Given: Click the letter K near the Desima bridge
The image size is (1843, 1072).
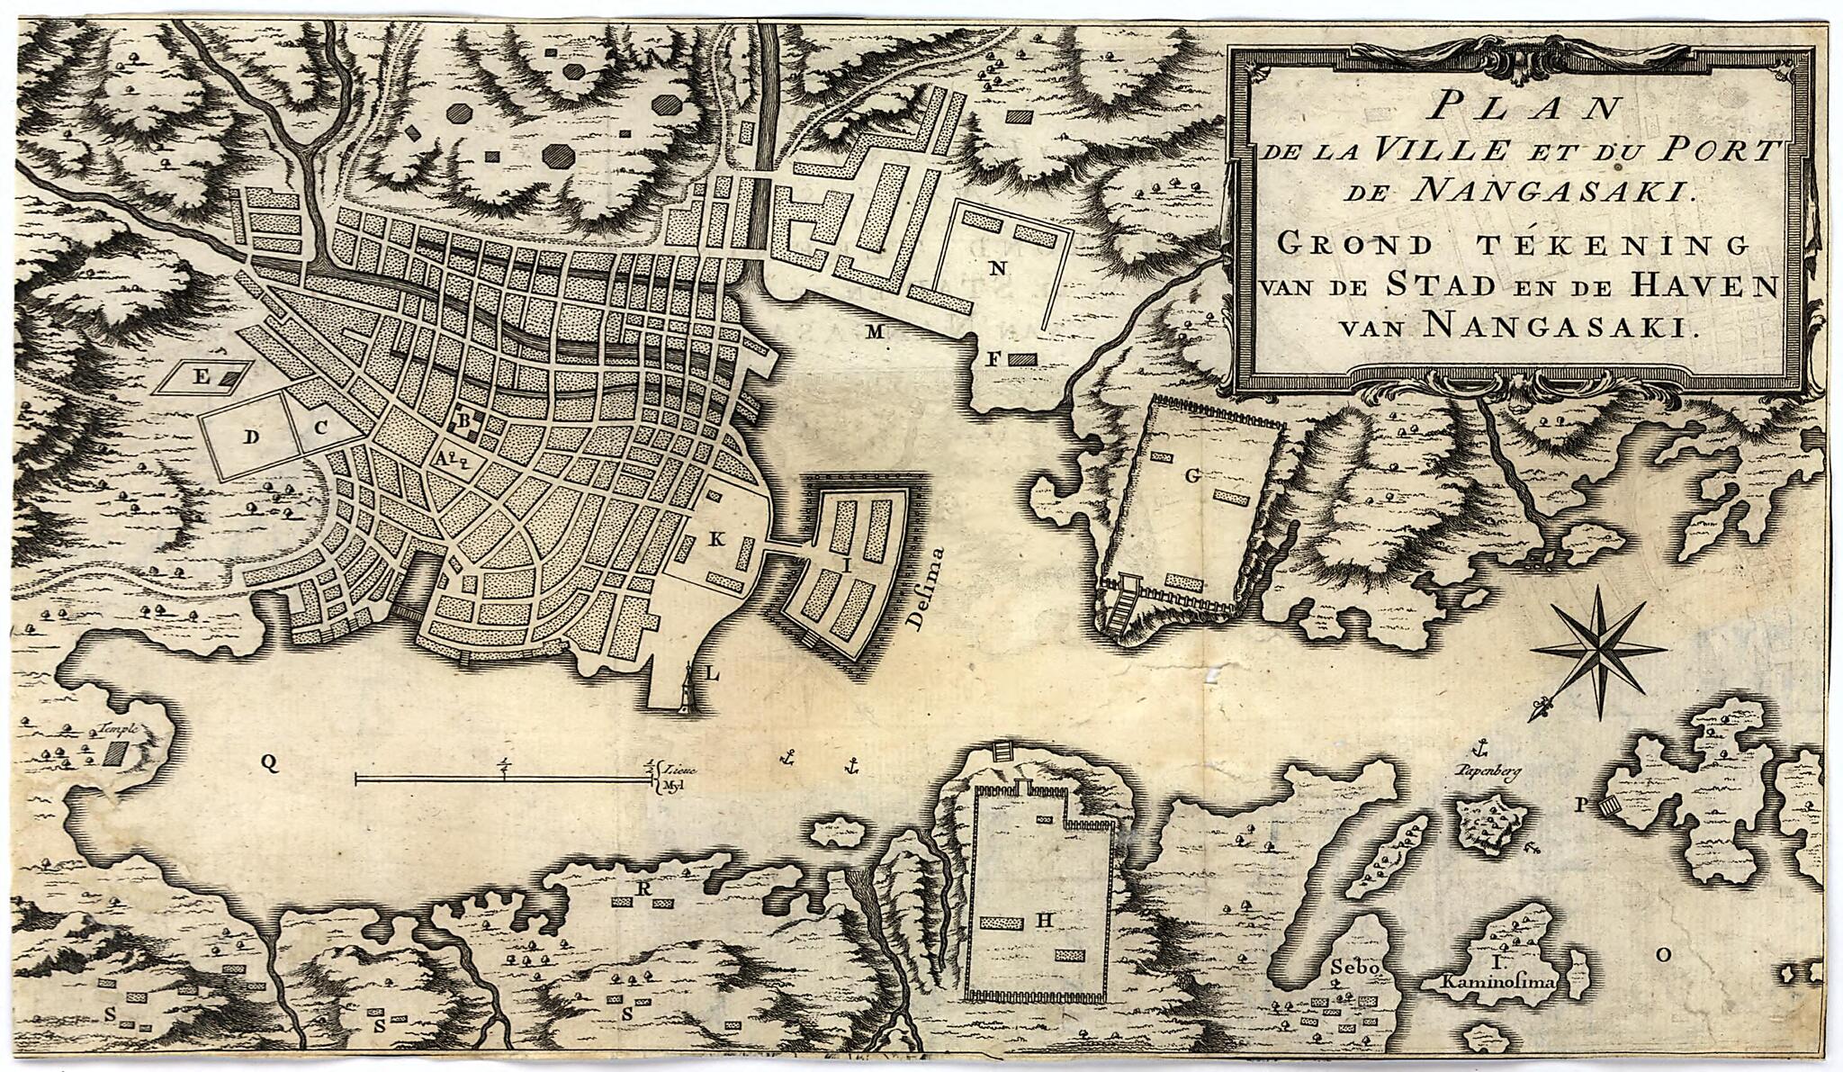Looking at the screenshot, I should pos(716,539).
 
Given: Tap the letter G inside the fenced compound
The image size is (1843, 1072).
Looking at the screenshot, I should pos(1192,477).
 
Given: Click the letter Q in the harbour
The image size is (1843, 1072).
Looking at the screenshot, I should pos(268,763).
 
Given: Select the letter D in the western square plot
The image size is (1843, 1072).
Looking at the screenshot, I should pos(253,437).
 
